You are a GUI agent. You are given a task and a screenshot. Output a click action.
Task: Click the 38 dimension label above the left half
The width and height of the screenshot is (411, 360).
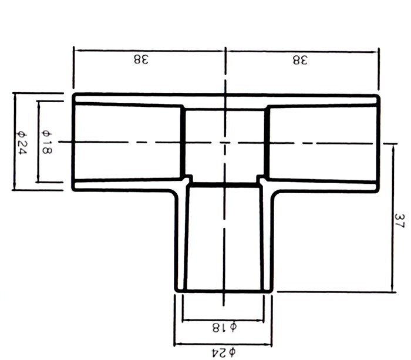[142, 59]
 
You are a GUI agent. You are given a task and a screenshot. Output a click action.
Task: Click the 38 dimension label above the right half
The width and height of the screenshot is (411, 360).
[300, 60]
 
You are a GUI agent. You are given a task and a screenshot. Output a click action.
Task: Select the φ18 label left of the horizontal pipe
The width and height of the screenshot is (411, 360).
[47, 142]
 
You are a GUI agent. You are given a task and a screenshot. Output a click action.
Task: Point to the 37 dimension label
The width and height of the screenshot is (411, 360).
[400, 221]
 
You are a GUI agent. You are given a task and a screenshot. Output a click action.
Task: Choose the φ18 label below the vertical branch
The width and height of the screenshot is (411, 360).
[224, 328]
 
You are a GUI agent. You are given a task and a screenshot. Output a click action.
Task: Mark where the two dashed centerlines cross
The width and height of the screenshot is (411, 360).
[225, 143]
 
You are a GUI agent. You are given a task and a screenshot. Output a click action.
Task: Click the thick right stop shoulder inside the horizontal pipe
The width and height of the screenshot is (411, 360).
[267, 143]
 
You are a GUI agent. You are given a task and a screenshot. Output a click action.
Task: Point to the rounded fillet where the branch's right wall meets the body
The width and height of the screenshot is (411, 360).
[274, 194]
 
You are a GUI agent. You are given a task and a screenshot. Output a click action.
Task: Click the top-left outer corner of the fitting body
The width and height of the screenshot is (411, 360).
[73, 94]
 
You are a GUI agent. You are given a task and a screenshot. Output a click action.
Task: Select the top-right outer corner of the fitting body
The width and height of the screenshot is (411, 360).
[379, 96]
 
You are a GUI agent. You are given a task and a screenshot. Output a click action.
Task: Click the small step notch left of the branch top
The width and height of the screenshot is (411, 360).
[189, 179]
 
